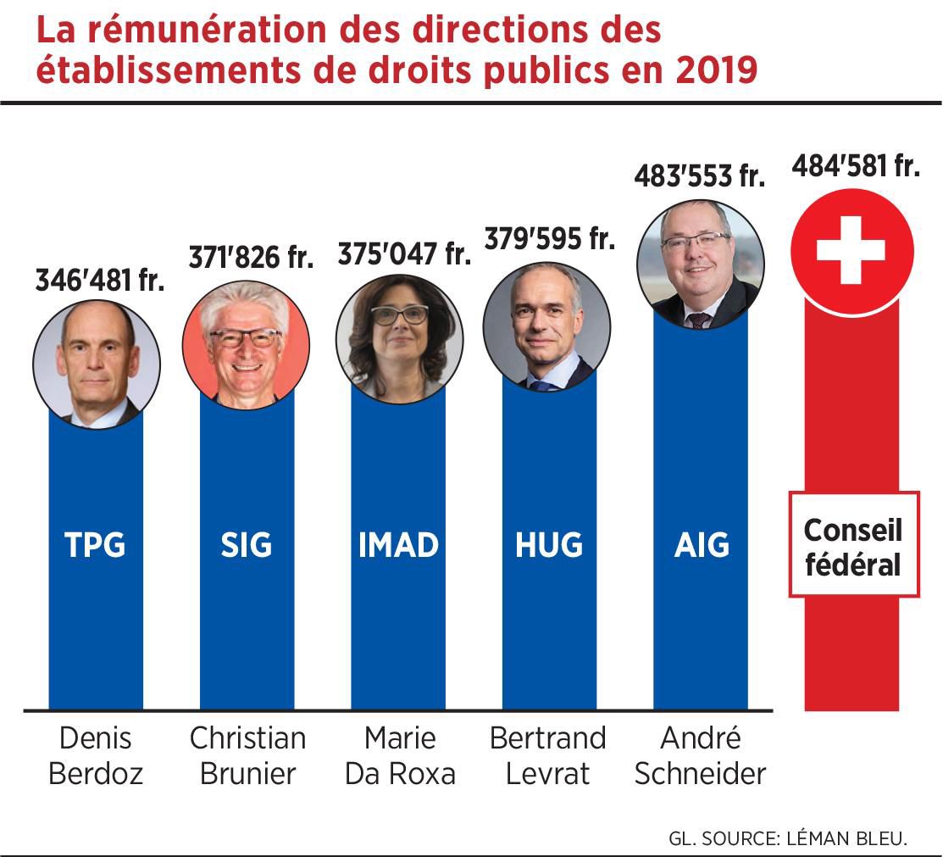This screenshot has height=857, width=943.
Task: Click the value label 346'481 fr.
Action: click(x=99, y=281)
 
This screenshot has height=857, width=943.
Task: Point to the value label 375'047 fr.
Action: click(x=404, y=253)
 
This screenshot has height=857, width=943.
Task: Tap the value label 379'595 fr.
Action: click(x=549, y=238)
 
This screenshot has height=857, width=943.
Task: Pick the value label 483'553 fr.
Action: click(x=700, y=176)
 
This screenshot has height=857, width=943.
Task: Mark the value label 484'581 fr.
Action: click(x=856, y=166)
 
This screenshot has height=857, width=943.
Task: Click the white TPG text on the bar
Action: click(x=95, y=545)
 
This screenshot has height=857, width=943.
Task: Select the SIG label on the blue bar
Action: click(x=247, y=545)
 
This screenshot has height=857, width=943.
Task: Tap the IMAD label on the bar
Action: click(x=398, y=545)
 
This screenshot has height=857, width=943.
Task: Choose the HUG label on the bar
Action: click(x=549, y=545)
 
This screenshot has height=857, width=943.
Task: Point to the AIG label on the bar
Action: click(x=701, y=545)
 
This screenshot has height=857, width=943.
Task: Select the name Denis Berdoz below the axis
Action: click(x=96, y=756)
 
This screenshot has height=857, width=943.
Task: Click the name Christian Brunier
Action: click(x=247, y=756)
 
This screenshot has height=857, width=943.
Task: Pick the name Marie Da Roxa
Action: click(x=400, y=756)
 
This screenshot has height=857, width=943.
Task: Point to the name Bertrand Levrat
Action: click(x=548, y=756)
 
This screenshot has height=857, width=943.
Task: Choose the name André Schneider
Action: click(x=701, y=756)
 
